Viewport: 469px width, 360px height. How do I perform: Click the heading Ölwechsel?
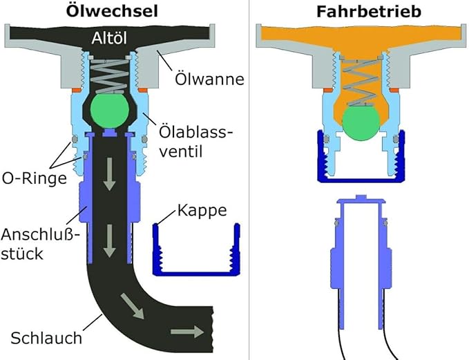pos(112,12)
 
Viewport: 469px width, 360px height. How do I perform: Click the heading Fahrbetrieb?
pos(369,11)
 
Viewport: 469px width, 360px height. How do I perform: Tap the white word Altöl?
pos(109,38)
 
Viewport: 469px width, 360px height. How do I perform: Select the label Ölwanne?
pos(209,79)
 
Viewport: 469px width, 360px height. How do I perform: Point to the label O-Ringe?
pos(35,178)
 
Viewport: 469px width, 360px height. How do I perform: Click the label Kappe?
pos(202,210)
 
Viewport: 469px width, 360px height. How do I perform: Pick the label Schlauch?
pos(46,338)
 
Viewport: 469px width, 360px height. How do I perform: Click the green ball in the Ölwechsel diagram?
pos(110,110)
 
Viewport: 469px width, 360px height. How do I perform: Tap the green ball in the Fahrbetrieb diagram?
pos(361,123)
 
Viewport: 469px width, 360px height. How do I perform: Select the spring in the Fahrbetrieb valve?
pos(361,82)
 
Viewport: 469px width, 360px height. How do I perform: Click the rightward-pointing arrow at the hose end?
pos(187,332)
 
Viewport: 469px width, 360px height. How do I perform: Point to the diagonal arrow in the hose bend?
pos(132,306)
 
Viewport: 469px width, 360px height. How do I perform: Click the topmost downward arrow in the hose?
pos(109,174)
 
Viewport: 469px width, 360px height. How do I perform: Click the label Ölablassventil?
pos(195,142)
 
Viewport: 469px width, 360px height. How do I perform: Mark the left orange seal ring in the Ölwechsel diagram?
pos(77,90)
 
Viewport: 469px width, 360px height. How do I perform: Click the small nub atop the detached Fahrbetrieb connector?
pos(361,197)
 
